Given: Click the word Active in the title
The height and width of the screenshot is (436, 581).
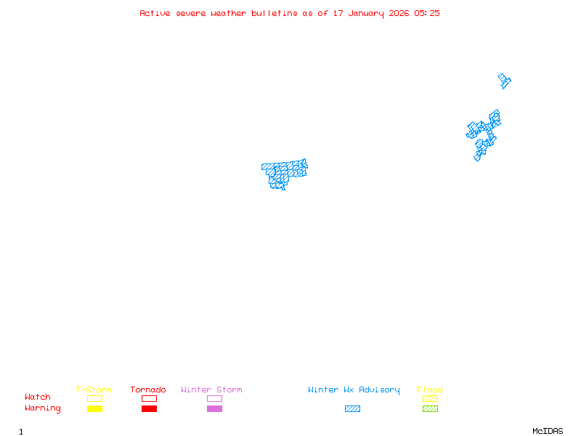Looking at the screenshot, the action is tap(155, 13).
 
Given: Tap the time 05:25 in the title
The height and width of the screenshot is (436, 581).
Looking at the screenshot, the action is tap(427, 13).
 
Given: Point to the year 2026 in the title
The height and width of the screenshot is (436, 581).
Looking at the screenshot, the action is tap(399, 13).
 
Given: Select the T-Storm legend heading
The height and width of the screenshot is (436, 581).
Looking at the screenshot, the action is tap(94, 390).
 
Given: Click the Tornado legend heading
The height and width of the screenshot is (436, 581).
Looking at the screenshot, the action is tap(148, 390).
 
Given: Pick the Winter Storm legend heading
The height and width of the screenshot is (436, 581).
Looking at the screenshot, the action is tap(211, 390).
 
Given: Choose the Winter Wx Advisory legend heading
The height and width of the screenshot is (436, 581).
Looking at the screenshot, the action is tap(354, 390).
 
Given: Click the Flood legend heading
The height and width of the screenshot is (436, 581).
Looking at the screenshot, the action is tap(430, 390).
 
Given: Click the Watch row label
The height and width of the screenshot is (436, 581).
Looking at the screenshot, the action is tap(38, 397).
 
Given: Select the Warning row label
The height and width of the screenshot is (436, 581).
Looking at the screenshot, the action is tap(43, 408).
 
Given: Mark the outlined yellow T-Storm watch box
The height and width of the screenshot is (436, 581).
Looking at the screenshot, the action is tap(94, 398).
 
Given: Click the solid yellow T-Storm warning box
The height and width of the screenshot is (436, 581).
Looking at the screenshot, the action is tap(94, 409).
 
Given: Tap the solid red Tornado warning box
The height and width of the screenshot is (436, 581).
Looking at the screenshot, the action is tap(149, 409).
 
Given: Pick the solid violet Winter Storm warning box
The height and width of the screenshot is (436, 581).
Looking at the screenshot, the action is tap(214, 409).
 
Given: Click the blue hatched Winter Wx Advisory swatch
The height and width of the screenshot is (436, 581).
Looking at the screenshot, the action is tap(352, 409).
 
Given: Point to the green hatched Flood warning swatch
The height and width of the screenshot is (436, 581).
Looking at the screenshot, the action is tap(430, 409).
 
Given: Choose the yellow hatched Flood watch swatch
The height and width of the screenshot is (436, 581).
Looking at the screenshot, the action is tap(430, 398).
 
